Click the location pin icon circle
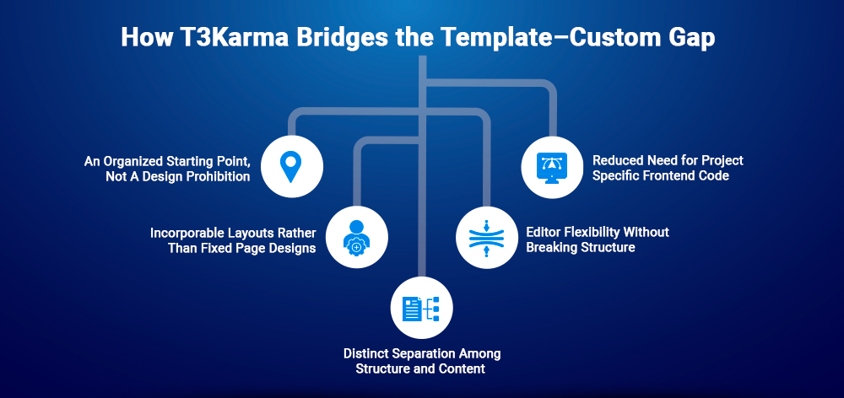coord(291,165)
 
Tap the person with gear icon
coord(356,238)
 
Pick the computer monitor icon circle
coord(553,165)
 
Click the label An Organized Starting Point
coord(167,159)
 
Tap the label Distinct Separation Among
coord(422,353)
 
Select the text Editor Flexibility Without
coord(597,232)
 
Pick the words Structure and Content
coord(422,368)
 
